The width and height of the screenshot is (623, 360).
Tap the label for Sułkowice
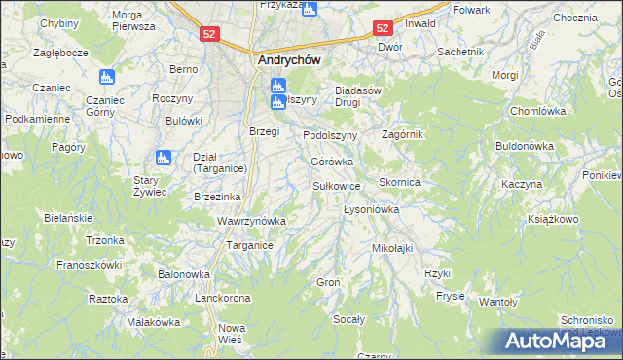[x=337, y=185]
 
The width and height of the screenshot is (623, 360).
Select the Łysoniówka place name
[x=373, y=209]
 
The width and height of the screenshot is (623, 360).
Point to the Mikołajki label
[x=392, y=248]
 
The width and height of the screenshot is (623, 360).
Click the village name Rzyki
[x=437, y=273]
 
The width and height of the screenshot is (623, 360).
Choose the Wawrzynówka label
[x=251, y=221]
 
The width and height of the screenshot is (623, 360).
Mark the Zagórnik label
[x=403, y=134]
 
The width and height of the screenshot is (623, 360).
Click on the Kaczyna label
[x=521, y=184]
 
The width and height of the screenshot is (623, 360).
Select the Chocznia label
[x=574, y=18]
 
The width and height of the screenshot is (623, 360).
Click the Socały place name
[x=348, y=318]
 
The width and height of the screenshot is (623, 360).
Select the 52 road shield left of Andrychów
[x=210, y=34]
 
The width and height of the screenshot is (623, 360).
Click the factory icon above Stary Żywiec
[x=163, y=156]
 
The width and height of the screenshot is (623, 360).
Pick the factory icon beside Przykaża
[x=310, y=10]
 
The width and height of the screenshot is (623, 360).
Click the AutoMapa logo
[x=556, y=341]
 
